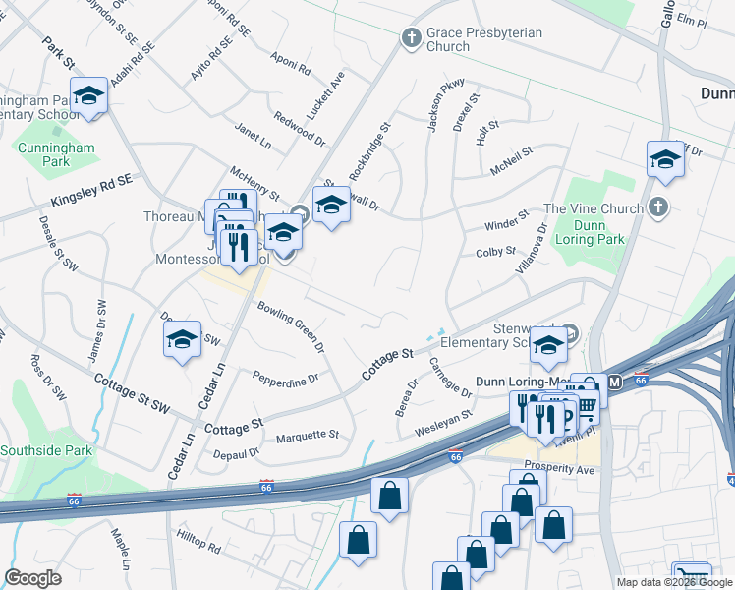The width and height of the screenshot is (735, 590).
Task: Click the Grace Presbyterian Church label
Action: pyautogui.click(x=483, y=39)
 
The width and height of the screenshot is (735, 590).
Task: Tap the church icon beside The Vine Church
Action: pyautogui.click(x=659, y=207)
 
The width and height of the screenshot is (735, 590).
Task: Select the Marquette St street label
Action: pyautogui.click(x=308, y=436)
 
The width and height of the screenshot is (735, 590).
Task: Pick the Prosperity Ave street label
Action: pyautogui.click(x=559, y=470)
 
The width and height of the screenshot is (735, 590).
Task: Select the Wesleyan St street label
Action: pyautogui.click(x=444, y=422)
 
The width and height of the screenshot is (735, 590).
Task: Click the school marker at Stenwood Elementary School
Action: pyautogui.click(x=546, y=345)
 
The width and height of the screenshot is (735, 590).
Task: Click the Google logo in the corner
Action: pyautogui.click(x=32, y=578)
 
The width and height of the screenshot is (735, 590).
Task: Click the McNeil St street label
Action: pyautogui.click(x=511, y=161)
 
